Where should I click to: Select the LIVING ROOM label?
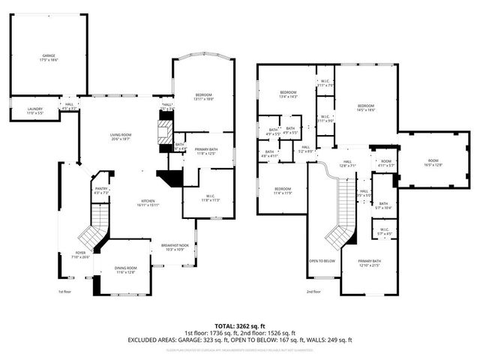[120, 136]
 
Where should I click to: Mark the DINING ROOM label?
[126, 270]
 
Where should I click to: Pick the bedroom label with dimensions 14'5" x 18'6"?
[365, 107]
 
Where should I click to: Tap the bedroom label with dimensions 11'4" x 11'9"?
[282, 190]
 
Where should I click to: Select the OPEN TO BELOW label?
[322, 261]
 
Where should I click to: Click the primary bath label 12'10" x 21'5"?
[370, 264]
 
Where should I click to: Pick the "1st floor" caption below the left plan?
[65, 292]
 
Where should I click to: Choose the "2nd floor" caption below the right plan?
[313, 292]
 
